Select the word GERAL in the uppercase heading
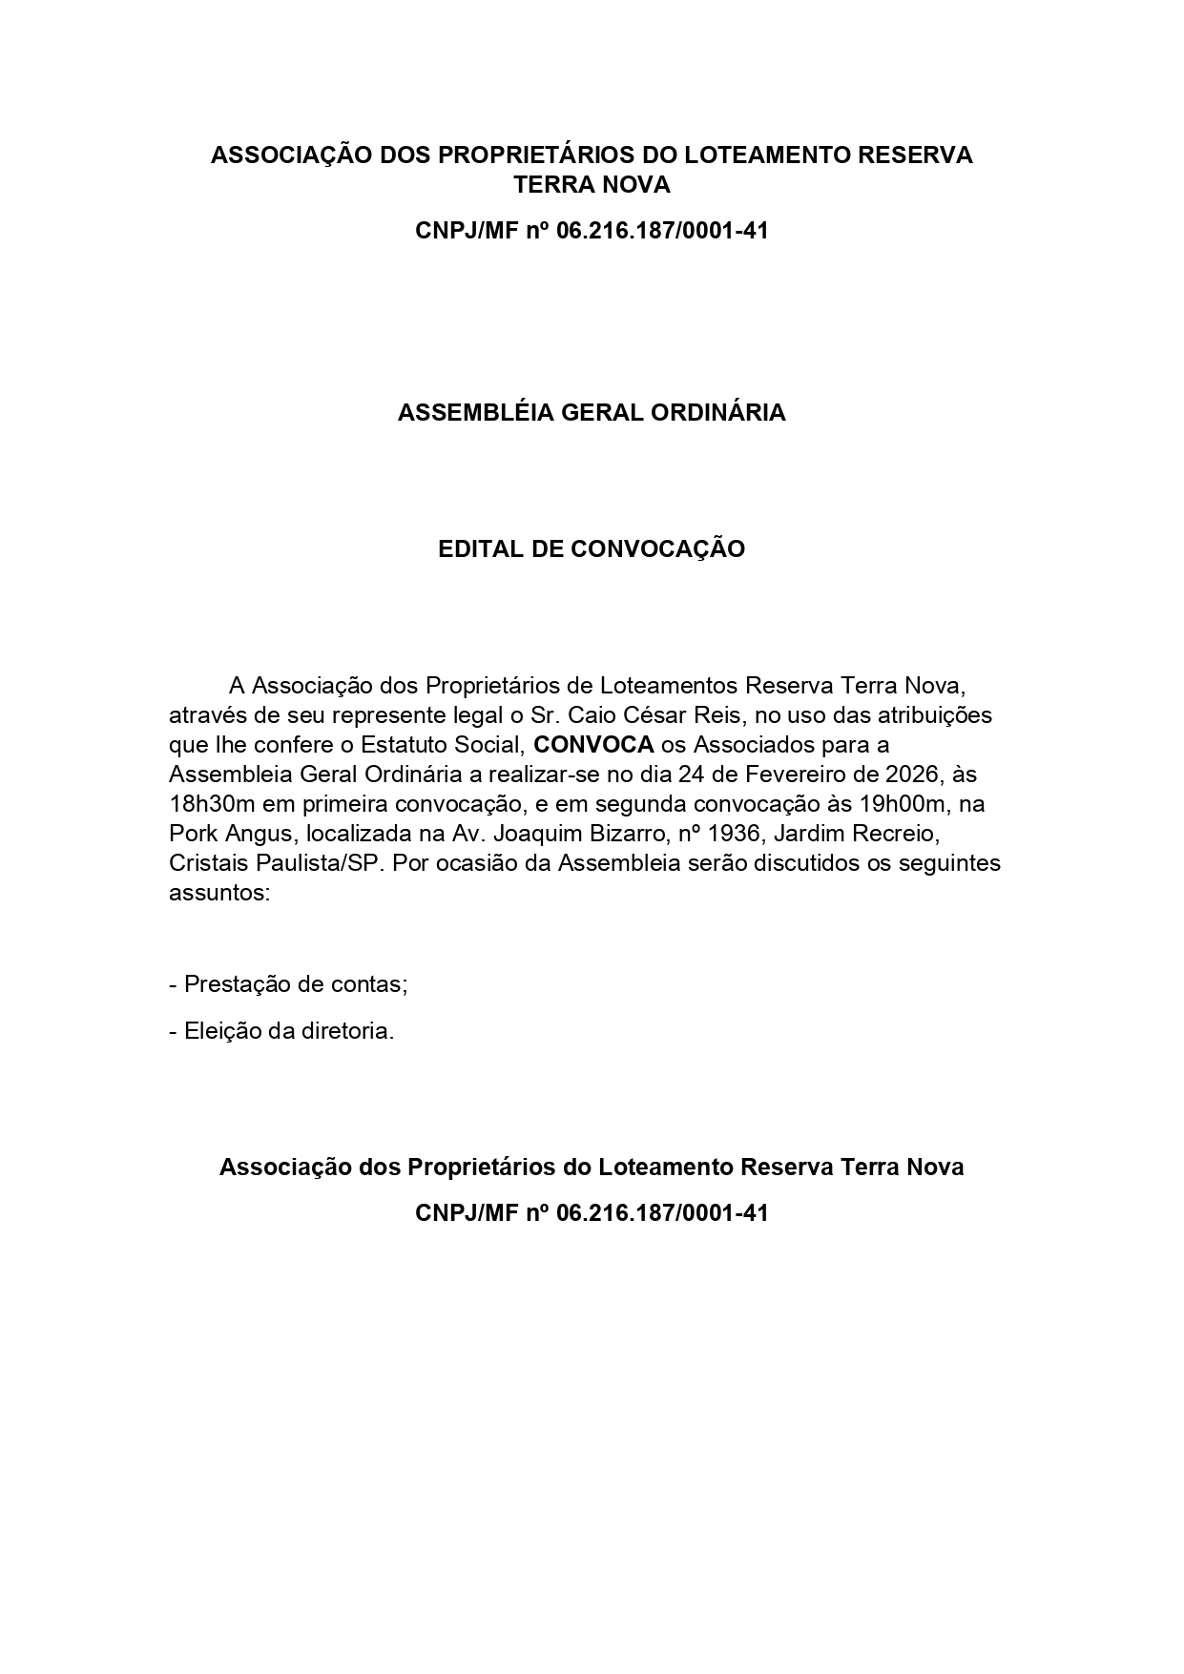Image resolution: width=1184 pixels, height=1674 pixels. pos(600,413)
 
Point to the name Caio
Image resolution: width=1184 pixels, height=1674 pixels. pos(593,714)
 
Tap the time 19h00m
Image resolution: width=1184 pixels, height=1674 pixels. pos(918,803)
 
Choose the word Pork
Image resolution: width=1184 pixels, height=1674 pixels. pos(194,833)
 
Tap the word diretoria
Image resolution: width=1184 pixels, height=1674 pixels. pos(347,1031)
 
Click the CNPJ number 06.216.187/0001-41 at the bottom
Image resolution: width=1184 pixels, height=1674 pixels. pos(661,1213)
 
